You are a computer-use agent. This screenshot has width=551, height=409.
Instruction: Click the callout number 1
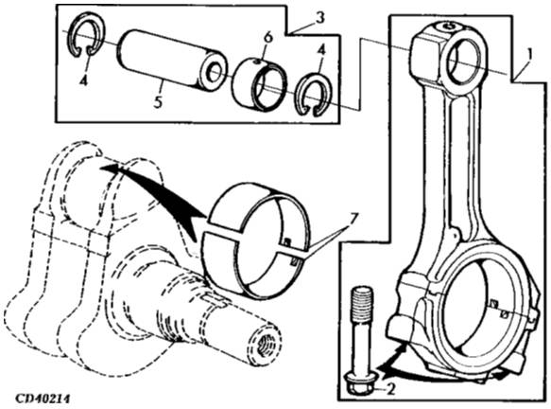click(x=529, y=55)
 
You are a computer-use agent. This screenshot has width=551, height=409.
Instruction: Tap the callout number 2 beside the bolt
click(x=391, y=389)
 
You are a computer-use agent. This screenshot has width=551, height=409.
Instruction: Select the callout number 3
click(x=319, y=18)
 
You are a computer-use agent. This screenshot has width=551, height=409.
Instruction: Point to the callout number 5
click(x=159, y=101)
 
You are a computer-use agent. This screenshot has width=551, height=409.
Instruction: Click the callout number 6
click(x=268, y=37)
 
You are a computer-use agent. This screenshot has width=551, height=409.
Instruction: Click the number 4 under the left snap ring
click(x=83, y=80)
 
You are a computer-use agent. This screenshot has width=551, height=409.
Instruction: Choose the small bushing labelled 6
click(x=259, y=83)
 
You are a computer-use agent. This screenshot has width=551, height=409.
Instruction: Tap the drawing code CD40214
click(x=43, y=398)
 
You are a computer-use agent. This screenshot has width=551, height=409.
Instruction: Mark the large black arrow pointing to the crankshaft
click(x=158, y=197)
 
